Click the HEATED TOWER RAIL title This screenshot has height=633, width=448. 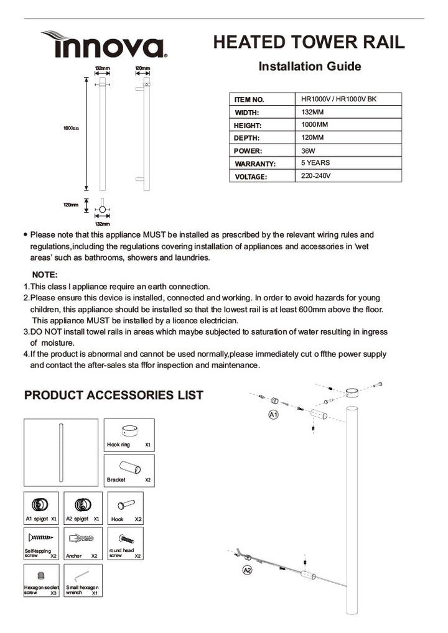[309, 42]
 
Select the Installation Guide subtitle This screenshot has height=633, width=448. [309, 67]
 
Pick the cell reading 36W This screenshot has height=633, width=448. [307, 150]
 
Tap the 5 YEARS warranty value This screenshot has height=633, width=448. [315, 163]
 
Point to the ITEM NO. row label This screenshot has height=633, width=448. [250, 99]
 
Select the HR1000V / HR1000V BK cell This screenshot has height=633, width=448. [338, 99]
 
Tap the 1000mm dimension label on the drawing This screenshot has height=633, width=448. [70, 128]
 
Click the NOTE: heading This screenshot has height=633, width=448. [45, 274]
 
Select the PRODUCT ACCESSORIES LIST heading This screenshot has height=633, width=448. [113, 395]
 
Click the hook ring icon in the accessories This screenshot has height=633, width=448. [129, 432]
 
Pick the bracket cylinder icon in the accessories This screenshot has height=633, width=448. [129, 467]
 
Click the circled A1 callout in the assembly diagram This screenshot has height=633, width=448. [273, 414]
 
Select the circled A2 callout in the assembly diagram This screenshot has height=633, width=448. [247, 569]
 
